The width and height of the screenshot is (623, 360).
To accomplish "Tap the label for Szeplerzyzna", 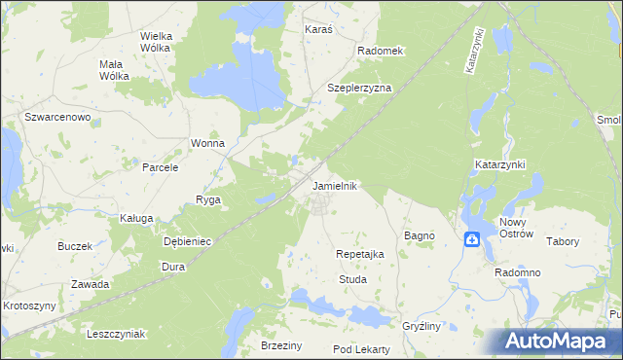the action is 359,88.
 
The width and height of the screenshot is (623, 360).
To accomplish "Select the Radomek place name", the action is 380,51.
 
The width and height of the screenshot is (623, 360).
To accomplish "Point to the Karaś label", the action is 318,29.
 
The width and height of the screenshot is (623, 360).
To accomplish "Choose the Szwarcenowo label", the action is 58,117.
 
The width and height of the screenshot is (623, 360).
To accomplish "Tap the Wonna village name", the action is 207,143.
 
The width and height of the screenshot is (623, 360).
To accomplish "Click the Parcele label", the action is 161,167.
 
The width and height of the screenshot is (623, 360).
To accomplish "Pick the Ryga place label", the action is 208,199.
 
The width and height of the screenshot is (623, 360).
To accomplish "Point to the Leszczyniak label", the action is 115,334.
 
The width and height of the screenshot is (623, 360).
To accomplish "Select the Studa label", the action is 351,279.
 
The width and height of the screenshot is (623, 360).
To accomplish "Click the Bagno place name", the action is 419,236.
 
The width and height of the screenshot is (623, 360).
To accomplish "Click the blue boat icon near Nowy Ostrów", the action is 472,238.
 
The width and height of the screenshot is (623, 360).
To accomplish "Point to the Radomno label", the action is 517,273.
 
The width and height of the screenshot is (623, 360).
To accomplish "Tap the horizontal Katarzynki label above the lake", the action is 500,165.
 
